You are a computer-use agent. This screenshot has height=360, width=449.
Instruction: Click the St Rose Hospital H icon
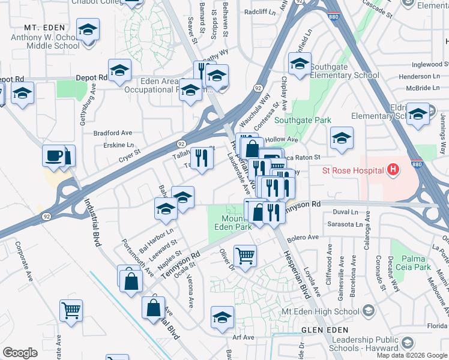point(393,170)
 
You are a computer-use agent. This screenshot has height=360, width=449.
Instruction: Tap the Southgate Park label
point(303,120)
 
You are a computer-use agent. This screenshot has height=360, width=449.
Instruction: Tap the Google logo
point(20,352)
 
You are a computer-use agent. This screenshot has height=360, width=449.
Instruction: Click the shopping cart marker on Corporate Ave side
point(71,310)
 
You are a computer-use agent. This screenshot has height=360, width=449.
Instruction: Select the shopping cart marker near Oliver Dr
point(245,256)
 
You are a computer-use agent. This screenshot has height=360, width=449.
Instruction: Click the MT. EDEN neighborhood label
point(43,28)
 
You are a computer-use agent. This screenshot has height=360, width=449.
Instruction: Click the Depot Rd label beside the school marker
point(91,77)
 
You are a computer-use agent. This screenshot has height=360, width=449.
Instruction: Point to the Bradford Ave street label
point(112,133)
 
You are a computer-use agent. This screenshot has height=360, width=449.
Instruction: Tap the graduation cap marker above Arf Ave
point(222,317)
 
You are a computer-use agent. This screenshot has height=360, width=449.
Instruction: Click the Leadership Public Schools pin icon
point(408,343)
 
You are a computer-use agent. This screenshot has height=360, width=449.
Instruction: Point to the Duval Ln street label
point(345,212)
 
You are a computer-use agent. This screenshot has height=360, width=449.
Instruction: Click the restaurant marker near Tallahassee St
point(202,158)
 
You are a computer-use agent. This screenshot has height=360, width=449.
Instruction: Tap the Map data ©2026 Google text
point(412,355)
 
